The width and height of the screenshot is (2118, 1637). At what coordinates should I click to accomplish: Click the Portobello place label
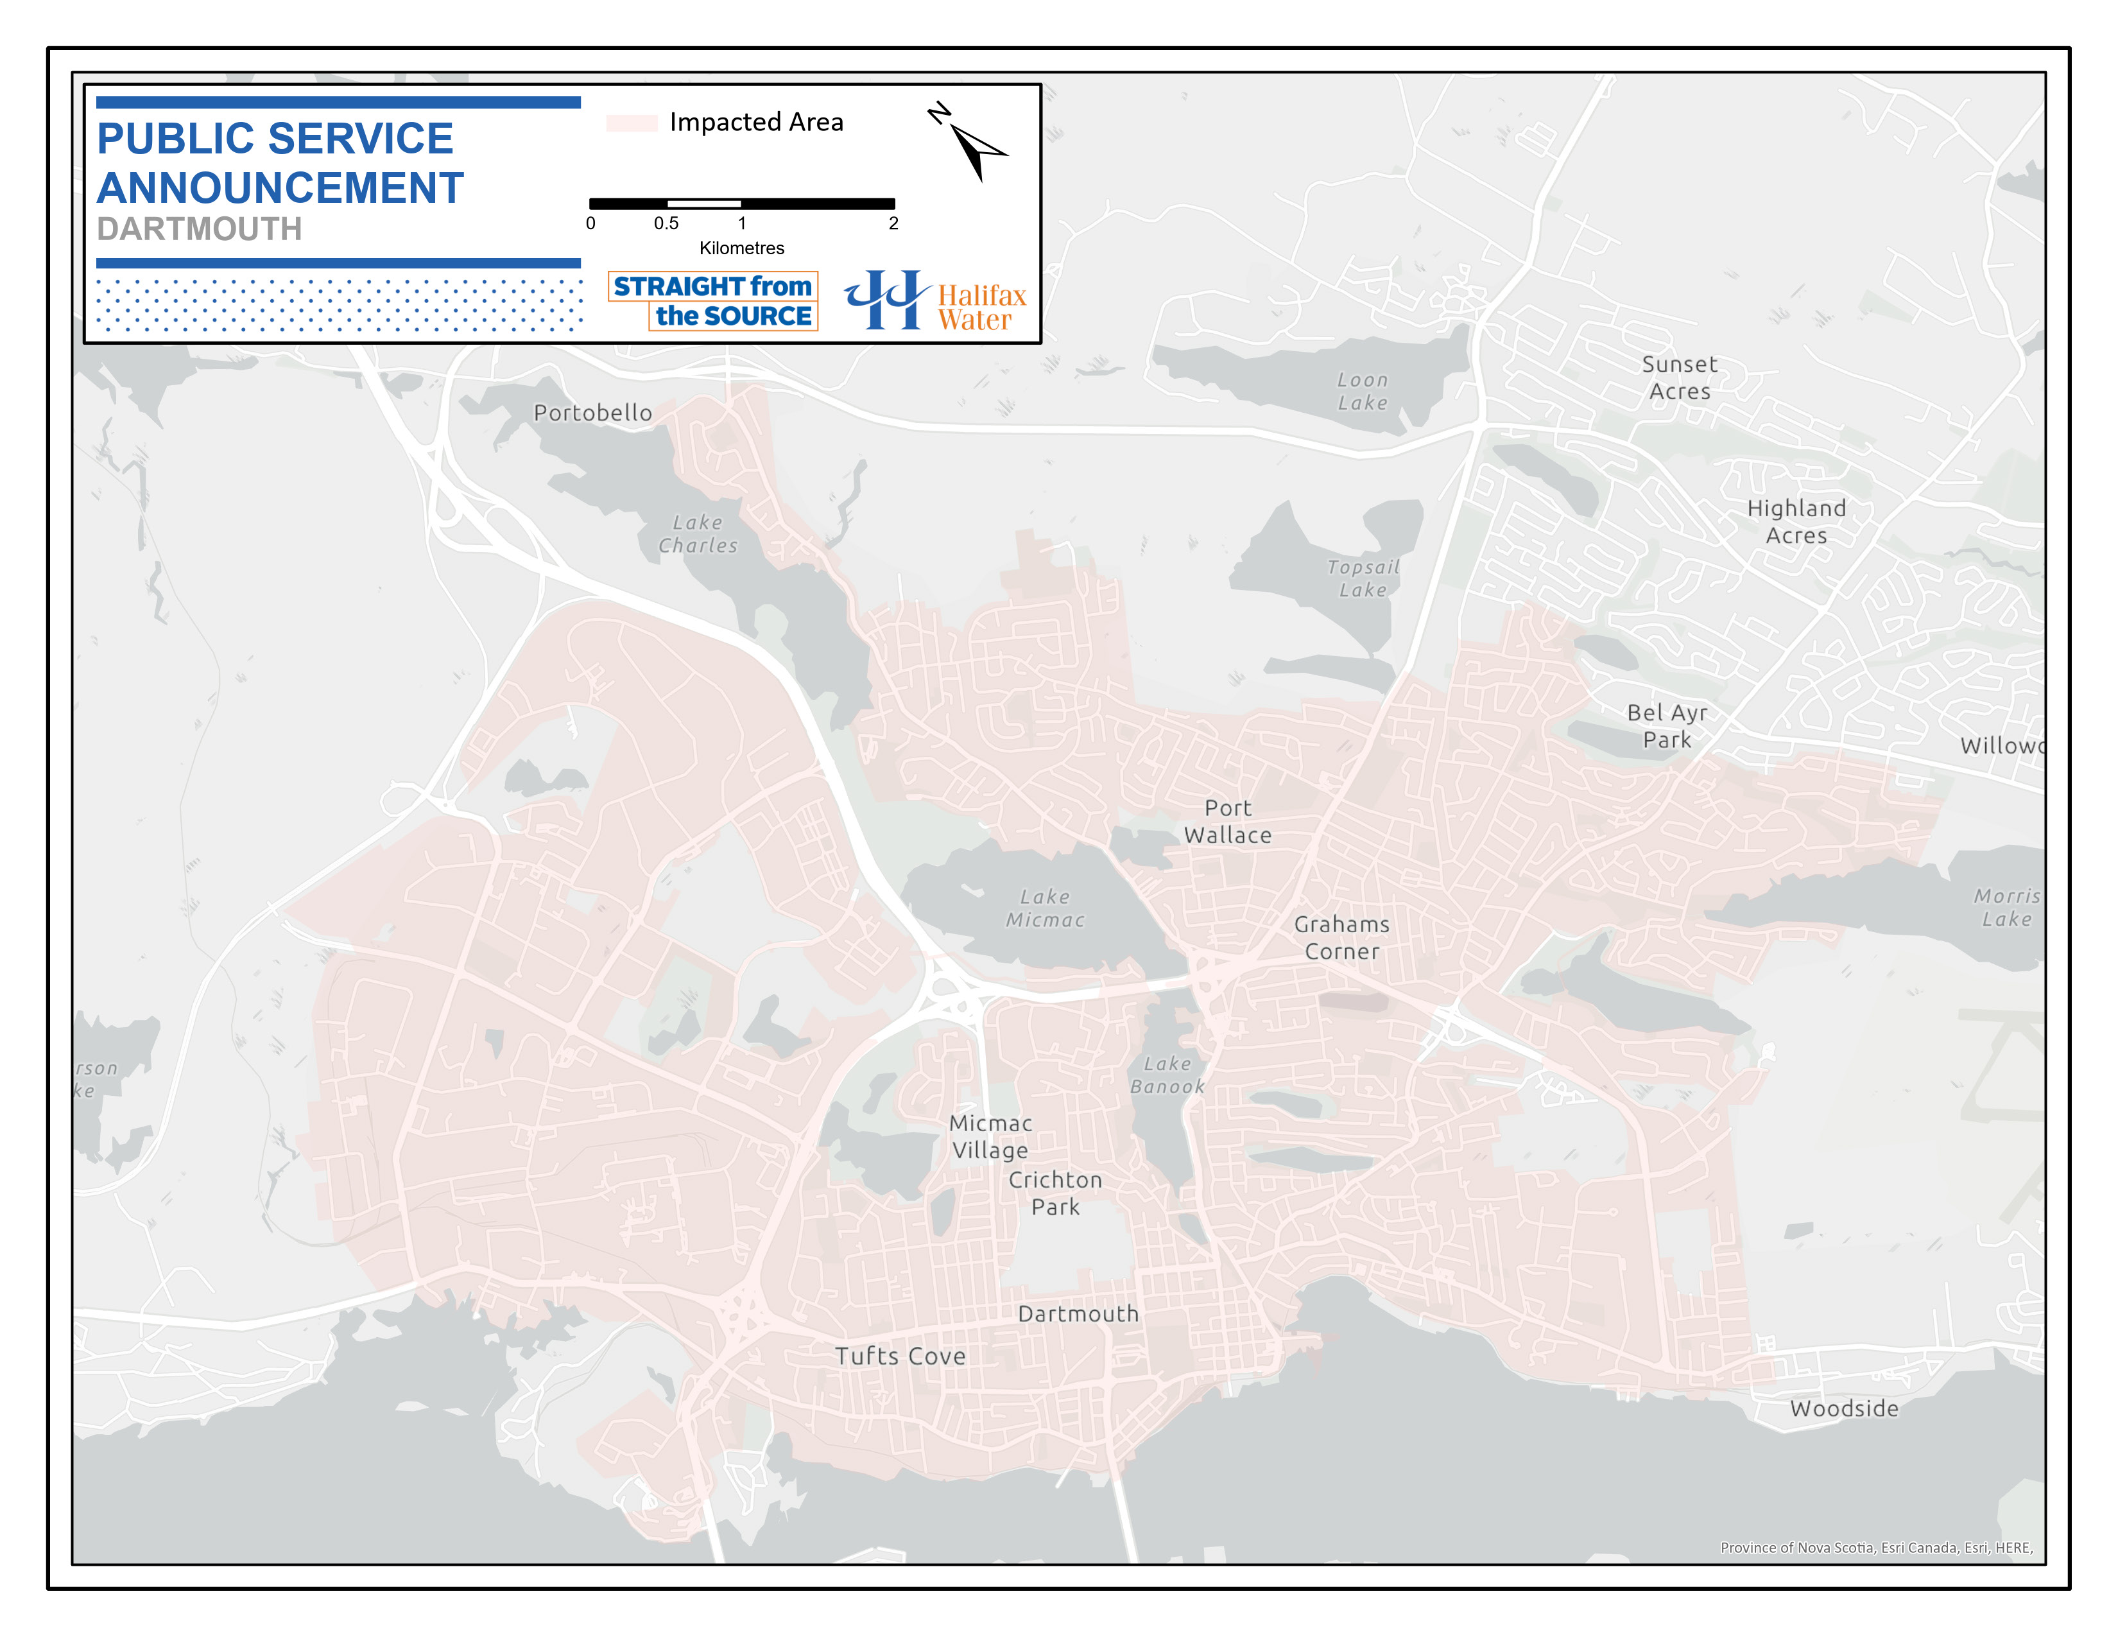(x=592, y=413)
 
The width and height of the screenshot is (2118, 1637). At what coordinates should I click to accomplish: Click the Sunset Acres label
(x=1680, y=378)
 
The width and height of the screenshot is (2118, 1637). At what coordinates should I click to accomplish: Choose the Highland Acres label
(x=1796, y=522)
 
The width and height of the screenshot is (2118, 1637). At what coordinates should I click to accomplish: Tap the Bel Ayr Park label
(x=1666, y=726)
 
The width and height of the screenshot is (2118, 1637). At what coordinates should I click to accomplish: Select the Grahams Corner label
(x=1341, y=938)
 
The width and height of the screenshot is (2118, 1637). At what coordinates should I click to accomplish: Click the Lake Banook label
(x=1167, y=1075)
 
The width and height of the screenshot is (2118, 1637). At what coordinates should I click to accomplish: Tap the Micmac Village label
(x=990, y=1136)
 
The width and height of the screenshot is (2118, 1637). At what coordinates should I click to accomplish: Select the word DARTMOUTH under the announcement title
(x=200, y=230)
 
